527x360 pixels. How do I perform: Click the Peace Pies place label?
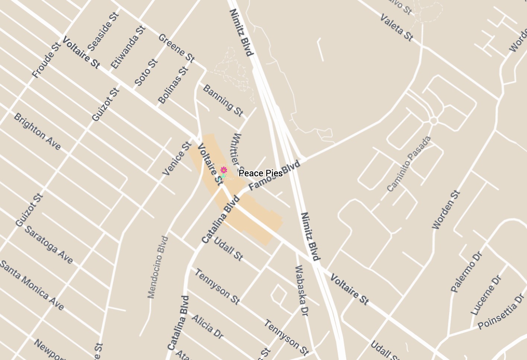click(x=261, y=173)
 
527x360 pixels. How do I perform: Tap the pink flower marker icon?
click(x=224, y=170)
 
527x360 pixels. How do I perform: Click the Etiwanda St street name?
click(x=128, y=47)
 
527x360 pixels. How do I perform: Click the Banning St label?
click(x=223, y=100)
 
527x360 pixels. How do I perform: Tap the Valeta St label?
click(x=397, y=28)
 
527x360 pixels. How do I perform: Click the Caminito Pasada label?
click(x=409, y=164)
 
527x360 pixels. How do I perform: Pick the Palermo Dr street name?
click(x=466, y=272)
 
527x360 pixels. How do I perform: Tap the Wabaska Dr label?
click(x=302, y=290)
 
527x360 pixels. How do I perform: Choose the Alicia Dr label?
click(x=207, y=327)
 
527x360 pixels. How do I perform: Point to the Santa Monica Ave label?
click(x=32, y=285)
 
